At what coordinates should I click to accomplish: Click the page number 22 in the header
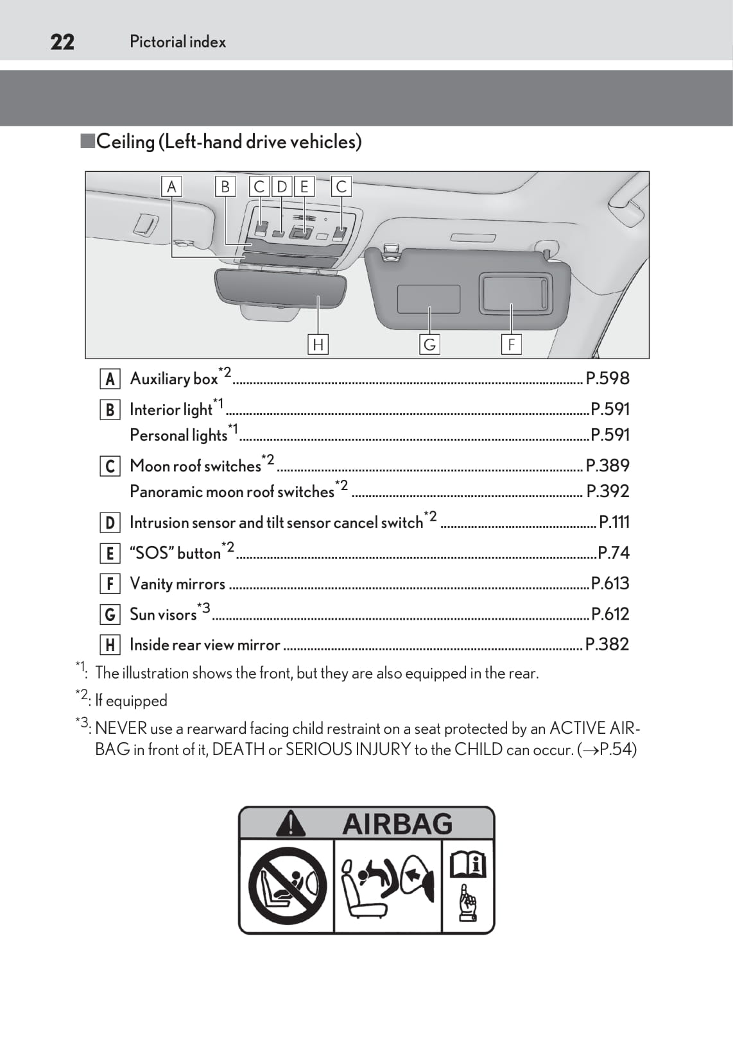point(62,42)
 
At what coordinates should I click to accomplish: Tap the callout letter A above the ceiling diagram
point(171,187)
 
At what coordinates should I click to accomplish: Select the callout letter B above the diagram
point(225,187)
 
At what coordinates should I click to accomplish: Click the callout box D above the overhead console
point(282,187)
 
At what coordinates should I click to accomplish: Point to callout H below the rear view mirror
point(318,344)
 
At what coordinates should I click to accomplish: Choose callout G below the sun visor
point(429,344)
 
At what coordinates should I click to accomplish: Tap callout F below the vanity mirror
point(512,344)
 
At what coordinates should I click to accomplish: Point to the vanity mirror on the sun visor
point(515,293)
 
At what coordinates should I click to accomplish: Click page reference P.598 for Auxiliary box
point(607,378)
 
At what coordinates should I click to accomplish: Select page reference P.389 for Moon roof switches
point(607,465)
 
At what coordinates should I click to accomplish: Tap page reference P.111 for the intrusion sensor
point(614,522)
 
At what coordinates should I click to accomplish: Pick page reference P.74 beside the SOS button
point(613,552)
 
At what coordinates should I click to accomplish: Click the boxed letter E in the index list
point(110,553)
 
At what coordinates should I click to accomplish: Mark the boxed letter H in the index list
point(110,645)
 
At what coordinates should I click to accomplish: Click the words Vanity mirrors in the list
point(177,584)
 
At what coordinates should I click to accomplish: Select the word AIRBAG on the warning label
point(397,824)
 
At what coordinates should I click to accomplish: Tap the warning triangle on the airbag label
point(291,824)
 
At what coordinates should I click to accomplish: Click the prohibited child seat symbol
point(287,886)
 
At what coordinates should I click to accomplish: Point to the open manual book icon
point(468,864)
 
